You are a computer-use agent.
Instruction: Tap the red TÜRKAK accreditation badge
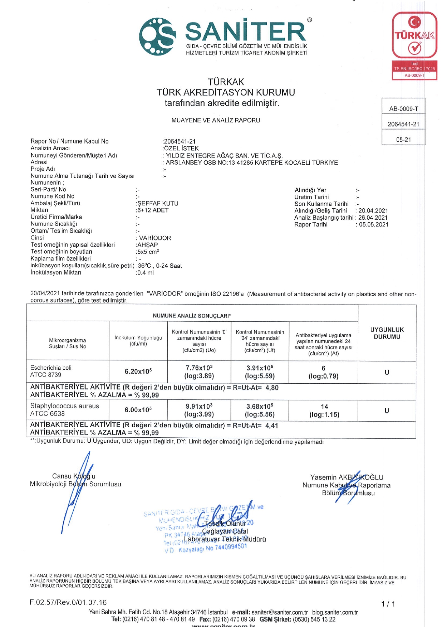pos(414,45)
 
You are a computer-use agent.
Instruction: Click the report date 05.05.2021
pos(374,224)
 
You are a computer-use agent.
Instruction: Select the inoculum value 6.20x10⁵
pos(138,371)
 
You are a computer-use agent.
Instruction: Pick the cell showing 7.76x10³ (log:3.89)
pos(199,371)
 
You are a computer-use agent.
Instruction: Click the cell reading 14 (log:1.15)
pos(324,410)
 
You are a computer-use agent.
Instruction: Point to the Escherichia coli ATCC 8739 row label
pos(51,371)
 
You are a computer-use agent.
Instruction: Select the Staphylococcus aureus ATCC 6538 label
pos(64,409)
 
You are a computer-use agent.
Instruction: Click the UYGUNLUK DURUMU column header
pos(387,333)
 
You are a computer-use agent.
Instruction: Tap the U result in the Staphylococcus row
pos(387,410)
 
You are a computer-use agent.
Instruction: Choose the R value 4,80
pos(272,388)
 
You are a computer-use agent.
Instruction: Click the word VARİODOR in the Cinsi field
pos(155,238)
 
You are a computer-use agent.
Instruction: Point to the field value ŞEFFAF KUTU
pos(158,203)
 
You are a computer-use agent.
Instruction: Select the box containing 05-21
pos(403,140)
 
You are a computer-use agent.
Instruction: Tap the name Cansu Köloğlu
pos(74,476)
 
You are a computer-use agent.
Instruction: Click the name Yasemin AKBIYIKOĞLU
pos(347,477)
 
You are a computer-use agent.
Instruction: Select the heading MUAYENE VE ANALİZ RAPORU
pos(216,120)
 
